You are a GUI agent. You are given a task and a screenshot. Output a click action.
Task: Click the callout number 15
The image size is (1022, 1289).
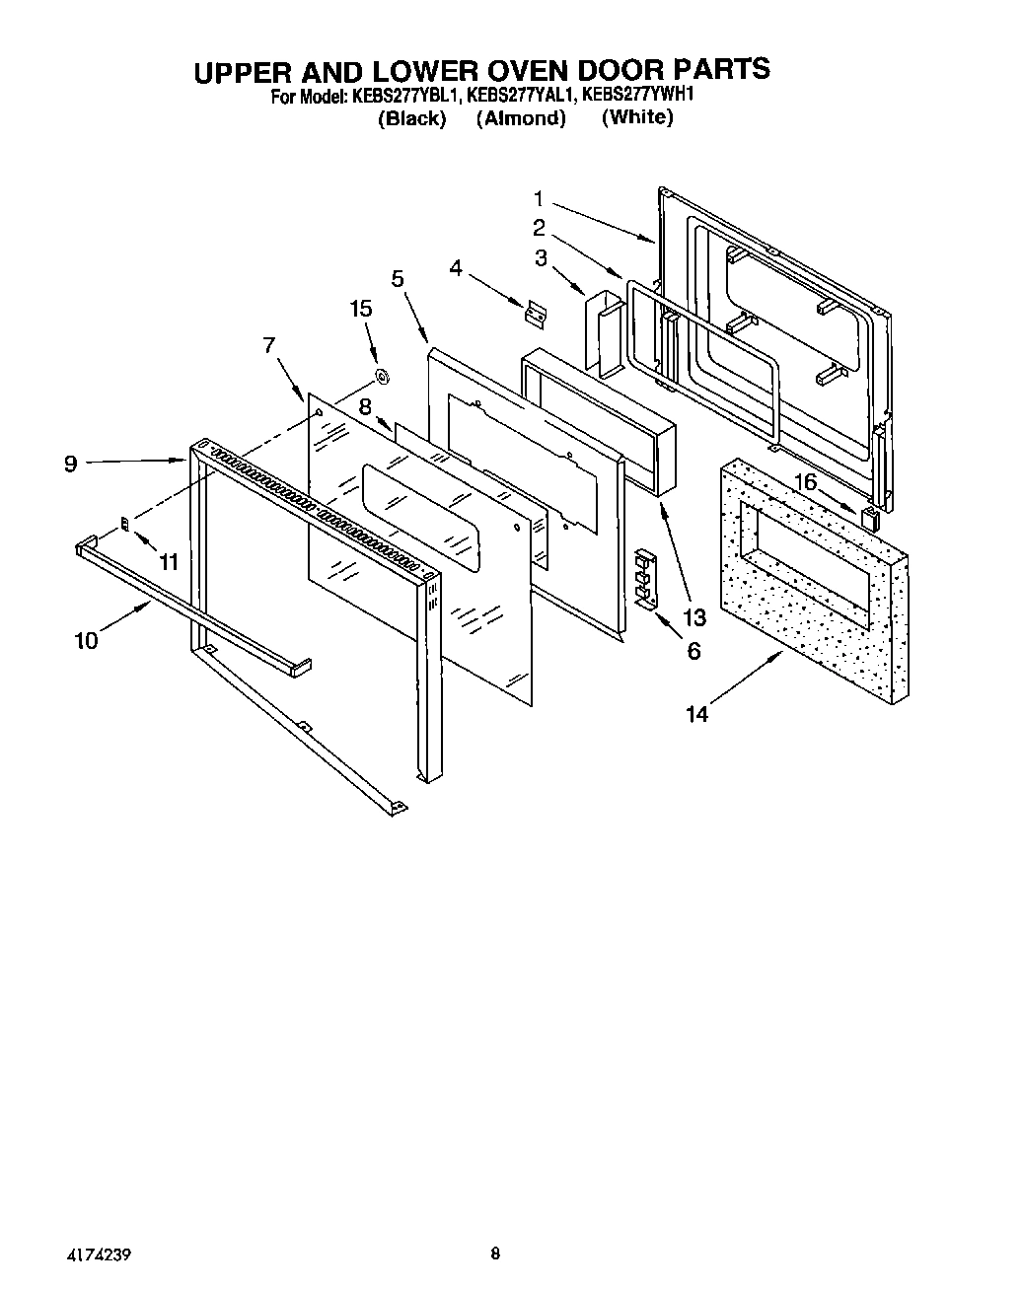361,309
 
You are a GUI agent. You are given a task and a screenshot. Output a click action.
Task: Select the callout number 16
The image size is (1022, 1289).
805,482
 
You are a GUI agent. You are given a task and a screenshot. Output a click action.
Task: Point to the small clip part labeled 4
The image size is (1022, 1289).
535,315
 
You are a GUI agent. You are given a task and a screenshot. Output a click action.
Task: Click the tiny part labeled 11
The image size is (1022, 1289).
124,524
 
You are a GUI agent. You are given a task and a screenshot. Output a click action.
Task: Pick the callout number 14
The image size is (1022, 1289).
696,714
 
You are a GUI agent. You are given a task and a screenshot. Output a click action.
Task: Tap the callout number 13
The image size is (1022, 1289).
694,617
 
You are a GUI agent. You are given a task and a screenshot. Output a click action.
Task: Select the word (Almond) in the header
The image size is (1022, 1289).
521,118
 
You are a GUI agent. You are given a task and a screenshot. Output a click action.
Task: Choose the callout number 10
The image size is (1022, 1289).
86,640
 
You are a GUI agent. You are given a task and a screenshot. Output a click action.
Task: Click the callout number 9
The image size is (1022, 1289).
70,463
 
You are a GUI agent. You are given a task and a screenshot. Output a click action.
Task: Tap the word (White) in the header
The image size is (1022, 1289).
637,117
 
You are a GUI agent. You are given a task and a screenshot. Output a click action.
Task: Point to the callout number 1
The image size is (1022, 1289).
539,198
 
